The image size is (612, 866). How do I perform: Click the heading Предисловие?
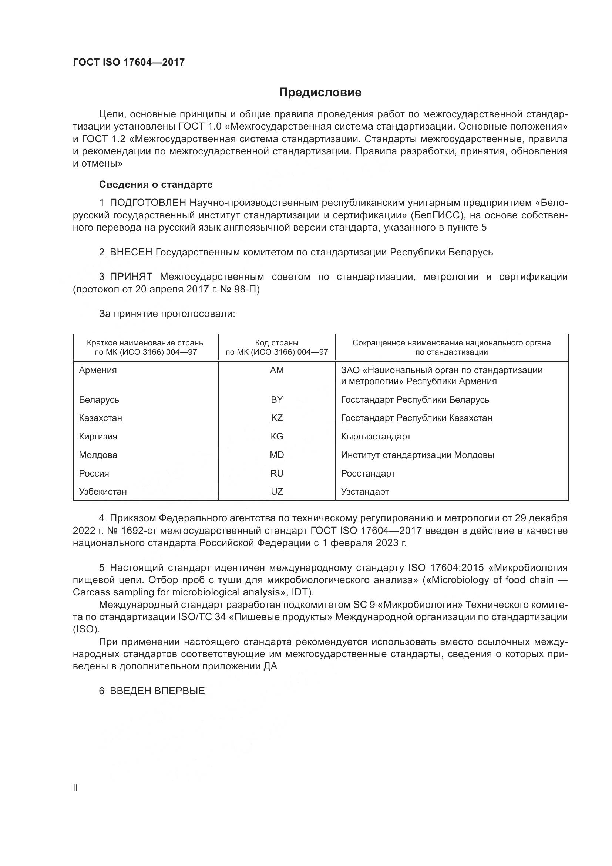point(320,93)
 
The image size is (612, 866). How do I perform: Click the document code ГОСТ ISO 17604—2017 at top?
point(128,62)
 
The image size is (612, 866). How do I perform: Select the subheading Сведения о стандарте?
point(156,184)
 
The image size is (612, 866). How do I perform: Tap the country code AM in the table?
point(277,370)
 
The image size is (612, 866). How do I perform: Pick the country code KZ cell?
point(277,418)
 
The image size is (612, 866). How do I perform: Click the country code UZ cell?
point(277,491)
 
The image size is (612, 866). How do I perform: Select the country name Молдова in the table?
point(98,455)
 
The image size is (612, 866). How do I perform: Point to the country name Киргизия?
point(98,437)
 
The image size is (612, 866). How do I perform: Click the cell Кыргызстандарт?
point(376,437)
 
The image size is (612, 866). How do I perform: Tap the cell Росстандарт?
point(368,474)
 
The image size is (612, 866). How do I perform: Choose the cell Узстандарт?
point(365,491)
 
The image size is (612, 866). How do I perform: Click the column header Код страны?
point(277,343)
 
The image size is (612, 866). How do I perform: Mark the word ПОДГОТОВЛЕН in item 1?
point(148,203)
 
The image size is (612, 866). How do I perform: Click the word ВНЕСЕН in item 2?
point(131,252)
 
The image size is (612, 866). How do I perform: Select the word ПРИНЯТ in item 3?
point(131,277)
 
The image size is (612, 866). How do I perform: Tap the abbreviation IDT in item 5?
point(300,592)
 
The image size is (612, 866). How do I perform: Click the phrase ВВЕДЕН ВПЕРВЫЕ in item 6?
point(157,691)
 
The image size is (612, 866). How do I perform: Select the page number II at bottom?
point(75,788)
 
